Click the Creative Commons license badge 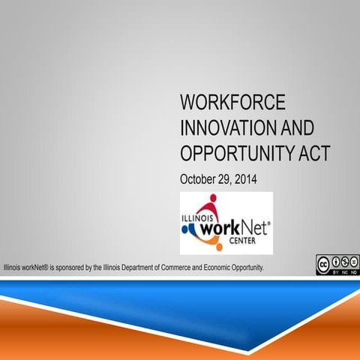[x=337, y=265]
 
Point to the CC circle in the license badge [x=323, y=262]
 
